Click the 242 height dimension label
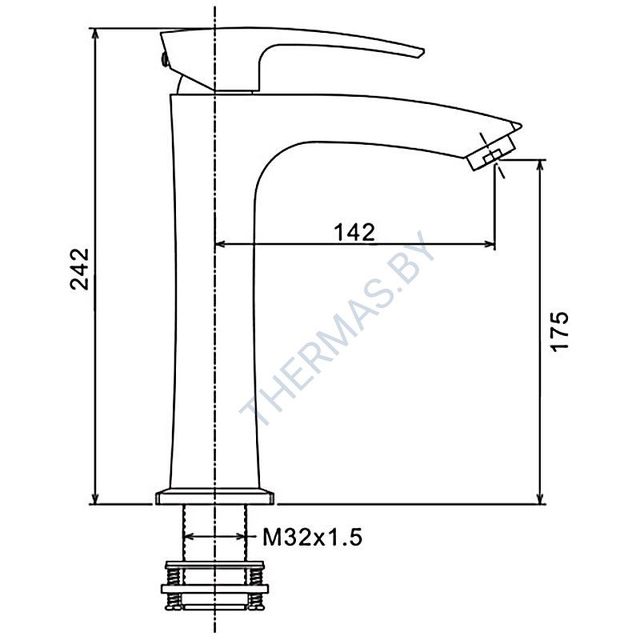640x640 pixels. [x=79, y=269]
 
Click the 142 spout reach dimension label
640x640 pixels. [x=354, y=232]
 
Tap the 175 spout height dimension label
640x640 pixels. [x=559, y=330]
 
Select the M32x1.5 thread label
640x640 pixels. [x=312, y=537]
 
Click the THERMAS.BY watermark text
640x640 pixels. [x=338, y=327]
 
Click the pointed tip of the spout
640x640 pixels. [x=522, y=125]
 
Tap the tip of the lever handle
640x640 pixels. [x=424, y=52]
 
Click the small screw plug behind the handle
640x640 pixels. [x=165, y=59]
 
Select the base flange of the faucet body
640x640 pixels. [x=214, y=496]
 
